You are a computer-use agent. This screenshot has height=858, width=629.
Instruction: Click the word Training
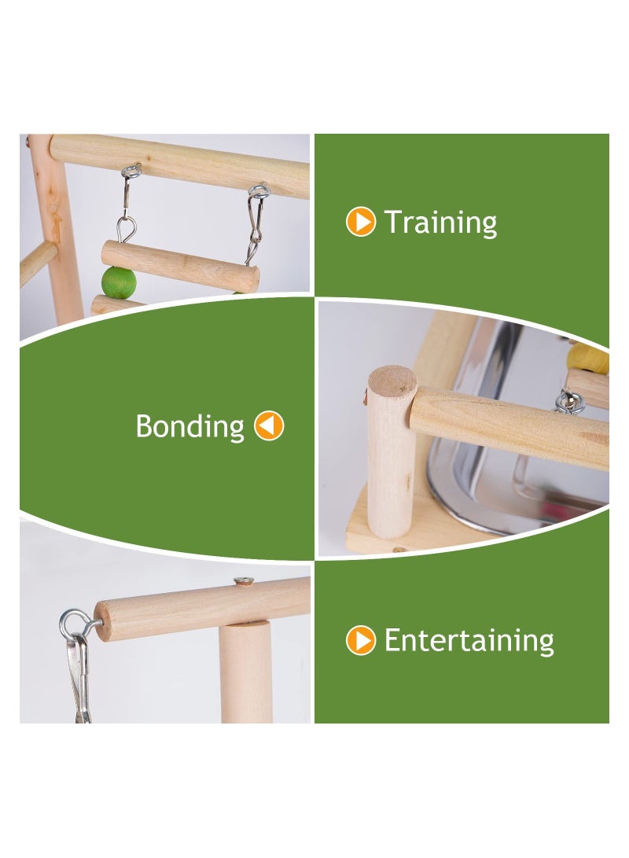pyautogui.click(x=440, y=223)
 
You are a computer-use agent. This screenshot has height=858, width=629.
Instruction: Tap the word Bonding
pyautogui.click(x=190, y=426)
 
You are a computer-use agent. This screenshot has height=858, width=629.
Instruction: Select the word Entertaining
pyautogui.click(x=469, y=641)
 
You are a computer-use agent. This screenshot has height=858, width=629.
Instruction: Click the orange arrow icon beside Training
pyautogui.click(x=361, y=223)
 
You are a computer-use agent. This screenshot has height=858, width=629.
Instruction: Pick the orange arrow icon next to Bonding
pyautogui.click(x=269, y=426)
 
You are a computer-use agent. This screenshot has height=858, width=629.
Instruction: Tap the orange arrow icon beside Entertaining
pyautogui.click(x=361, y=641)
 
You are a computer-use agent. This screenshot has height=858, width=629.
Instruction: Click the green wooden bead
pyautogui.click(x=119, y=282)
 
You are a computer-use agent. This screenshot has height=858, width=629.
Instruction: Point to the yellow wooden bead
pyautogui.click(x=590, y=358)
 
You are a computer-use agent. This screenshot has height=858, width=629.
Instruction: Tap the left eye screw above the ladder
pyautogui.click(x=131, y=171)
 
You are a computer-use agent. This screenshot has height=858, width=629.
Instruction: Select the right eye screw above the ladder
pyautogui.click(x=258, y=190)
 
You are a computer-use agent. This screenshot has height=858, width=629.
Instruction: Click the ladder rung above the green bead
pyautogui.click(x=180, y=266)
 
